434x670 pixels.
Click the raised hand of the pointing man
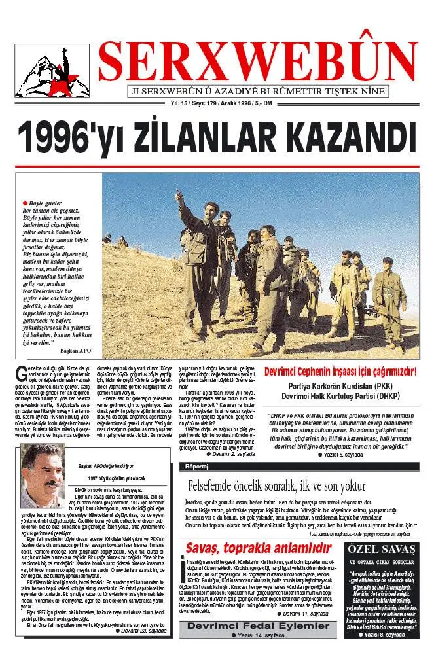click(x=178, y=194)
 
